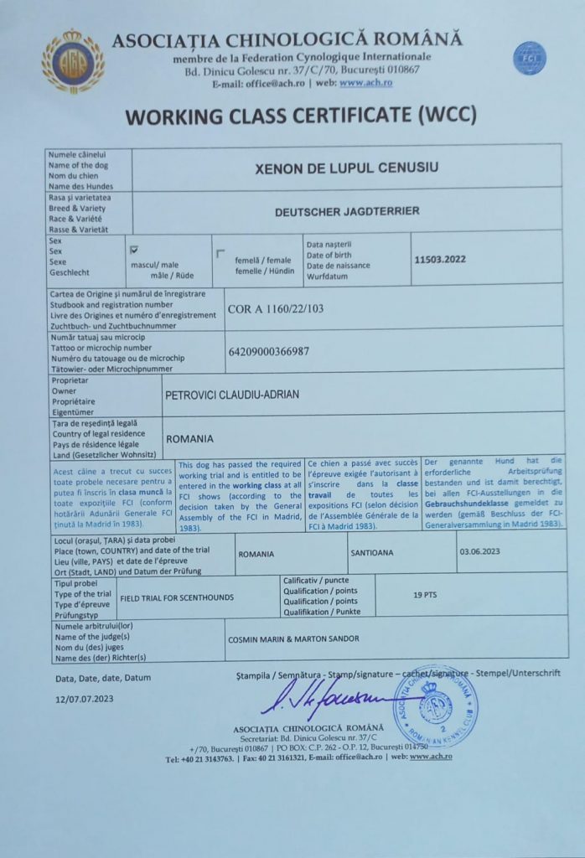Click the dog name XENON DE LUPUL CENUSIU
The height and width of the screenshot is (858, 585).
coord(346,168)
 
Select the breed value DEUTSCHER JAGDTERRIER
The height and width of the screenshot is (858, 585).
coord(347,212)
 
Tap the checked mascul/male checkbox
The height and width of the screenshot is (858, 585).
coord(133,250)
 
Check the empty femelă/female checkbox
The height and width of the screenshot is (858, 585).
coord(220,253)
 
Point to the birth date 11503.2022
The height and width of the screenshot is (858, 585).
coord(439,260)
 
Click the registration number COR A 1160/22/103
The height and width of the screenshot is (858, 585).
coord(275,309)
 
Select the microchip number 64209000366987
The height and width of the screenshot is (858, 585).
coord(268,351)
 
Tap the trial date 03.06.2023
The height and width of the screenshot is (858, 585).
coord(479,553)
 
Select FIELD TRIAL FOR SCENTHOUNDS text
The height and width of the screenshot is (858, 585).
coord(176,598)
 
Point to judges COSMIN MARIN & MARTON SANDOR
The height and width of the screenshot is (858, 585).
coord(293,638)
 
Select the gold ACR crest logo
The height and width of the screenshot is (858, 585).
coord(74,62)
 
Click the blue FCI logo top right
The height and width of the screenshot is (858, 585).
coord(528,58)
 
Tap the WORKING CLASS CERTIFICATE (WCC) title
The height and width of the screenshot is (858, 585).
coord(301,114)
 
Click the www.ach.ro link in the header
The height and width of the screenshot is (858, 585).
coord(362,84)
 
